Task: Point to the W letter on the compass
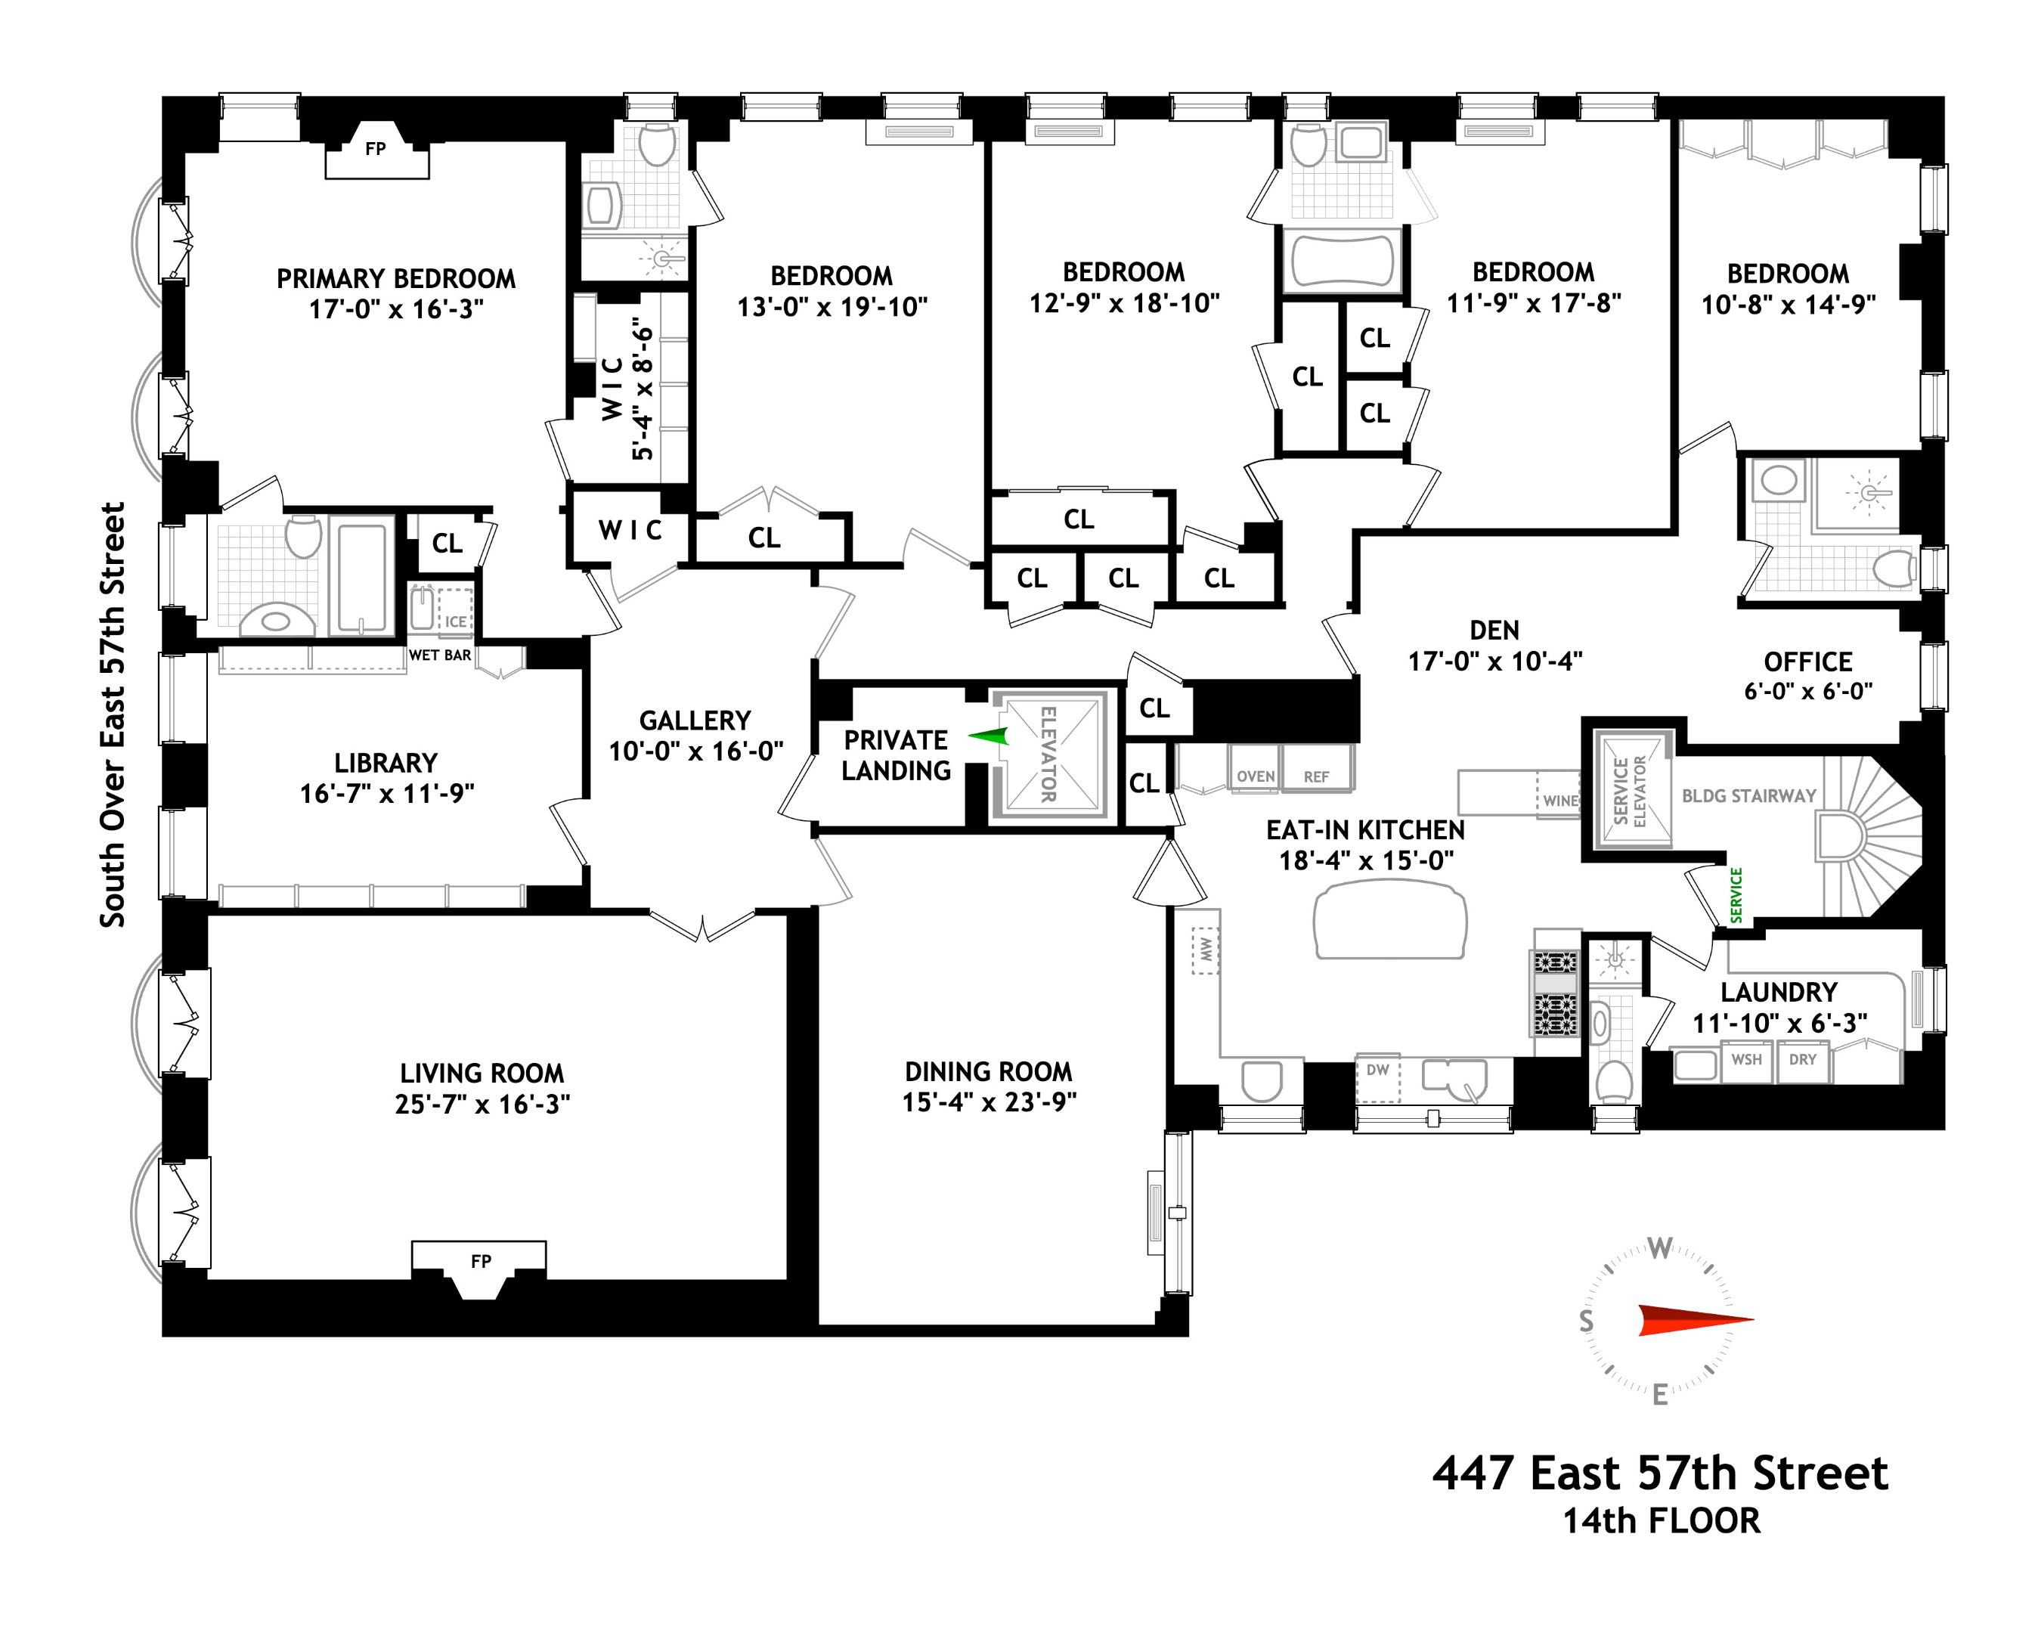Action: pyautogui.click(x=1659, y=1249)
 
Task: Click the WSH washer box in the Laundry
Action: pyautogui.click(x=1747, y=1059)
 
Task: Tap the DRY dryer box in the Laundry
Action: pyautogui.click(x=1802, y=1059)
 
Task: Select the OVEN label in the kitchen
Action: pyautogui.click(x=1256, y=776)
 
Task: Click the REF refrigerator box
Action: pyautogui.click(x=1316, y=776)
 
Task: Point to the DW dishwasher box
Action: pyautogui.click(x=1377, y=1070)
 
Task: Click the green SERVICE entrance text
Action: pyautogui.click(x=1736, y=894)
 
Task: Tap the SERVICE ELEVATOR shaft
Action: pyautogui.click(x=1632, y=791)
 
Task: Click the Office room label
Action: pyautogui.click(x=1808, y=662)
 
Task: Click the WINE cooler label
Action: pyautogui.click(x=1560, y=800)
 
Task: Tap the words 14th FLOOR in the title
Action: pyautogui.click(x=1661, y=1521)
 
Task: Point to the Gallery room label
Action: pyautogui.click(x=695, y=720)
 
